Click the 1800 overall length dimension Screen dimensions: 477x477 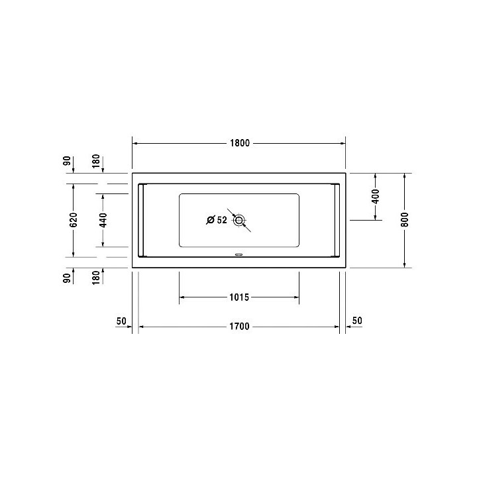pyautogui.click(x=239, y=144)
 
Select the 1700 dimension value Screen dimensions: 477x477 pyautogui.click(x=239, y=327)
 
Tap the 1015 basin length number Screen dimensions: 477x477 pyautogui.click(x=239, y=297)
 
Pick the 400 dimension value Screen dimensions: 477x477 pyautogui.click(x=375, y=196)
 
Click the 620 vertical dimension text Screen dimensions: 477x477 pyautogui.click(x=74, y=220)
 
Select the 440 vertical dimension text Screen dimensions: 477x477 pyautogui.click(x=103, y=220)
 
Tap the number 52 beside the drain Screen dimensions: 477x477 pyautogui.click(x=221, y=220)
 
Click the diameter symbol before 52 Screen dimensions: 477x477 pyautogui.click(x=209, y=220)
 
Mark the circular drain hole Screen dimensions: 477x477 pyautogui.click(x=239, y=220)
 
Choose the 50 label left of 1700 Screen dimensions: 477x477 pyautogui.click(x=121, y=321)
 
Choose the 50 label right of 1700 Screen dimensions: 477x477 pyautogui.click(x=357, y=321)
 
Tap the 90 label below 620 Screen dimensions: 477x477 pyautogui.click(x=66, y=278)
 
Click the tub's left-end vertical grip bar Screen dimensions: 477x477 pyautogui.click(x=140, y=220)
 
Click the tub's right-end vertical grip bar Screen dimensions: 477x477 pyautogui.click(x=338, y=220)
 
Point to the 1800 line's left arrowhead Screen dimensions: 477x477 pyautogui.click(x=136, y=144)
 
